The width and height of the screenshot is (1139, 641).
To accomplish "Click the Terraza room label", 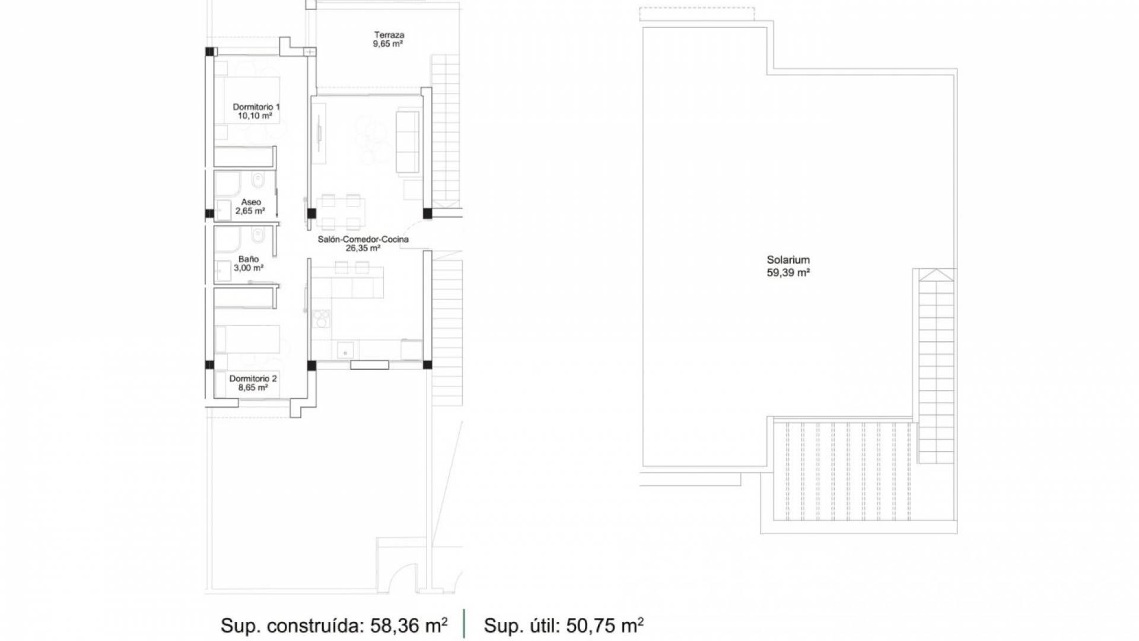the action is [x=389, y=34].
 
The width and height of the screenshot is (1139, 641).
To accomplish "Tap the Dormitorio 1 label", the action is [x=256, y=107].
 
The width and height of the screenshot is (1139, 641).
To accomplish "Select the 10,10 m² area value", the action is [x=255, y=116].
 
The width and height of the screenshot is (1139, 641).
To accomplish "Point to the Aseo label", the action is [x=251, y=202].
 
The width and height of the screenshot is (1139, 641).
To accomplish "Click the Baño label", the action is [x=249, y=259].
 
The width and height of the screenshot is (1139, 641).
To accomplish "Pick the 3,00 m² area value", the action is [x=249, y=268].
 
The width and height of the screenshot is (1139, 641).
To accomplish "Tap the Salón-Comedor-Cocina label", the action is [x=363, y=239].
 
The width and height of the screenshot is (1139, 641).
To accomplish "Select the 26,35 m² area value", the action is [x=363, y=248].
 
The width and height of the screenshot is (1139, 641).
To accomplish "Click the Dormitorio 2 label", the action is [x=253, y=379].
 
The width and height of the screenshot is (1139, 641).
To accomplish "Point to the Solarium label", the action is [x=788, y=260].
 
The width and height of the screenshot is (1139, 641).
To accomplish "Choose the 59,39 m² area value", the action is [x=788, y=273].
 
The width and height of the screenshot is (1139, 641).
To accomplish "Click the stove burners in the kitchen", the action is [x=321, y=319].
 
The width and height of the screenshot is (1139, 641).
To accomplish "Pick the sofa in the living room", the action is [x=408, y=141].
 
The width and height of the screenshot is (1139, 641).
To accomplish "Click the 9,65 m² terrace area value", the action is [x=389, y=44].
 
